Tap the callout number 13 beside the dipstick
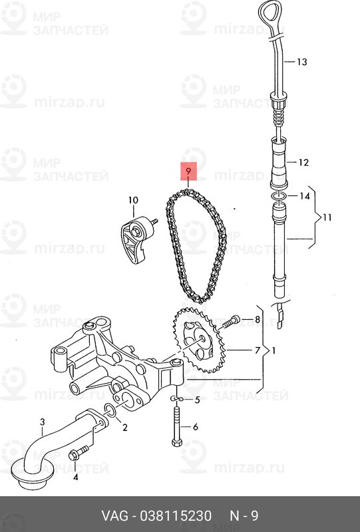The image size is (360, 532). tap(301, 62)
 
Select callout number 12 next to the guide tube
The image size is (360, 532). tap(303, 162)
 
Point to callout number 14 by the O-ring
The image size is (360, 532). tap(305, 196)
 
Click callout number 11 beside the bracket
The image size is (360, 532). tap(327, 217)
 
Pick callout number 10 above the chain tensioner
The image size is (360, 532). tap(134, 200)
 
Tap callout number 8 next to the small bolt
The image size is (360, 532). tap(257, 319)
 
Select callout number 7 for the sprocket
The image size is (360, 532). tap(257, 350)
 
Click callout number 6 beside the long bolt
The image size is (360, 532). tap(195, 427)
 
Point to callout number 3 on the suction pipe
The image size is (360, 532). tap(42, 422)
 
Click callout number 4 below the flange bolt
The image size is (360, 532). tap(75, 477)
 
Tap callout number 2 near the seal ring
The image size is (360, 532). tap(124, 428)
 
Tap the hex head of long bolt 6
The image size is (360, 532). tap(176, 442)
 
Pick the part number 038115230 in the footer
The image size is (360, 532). tap(176, 516)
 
